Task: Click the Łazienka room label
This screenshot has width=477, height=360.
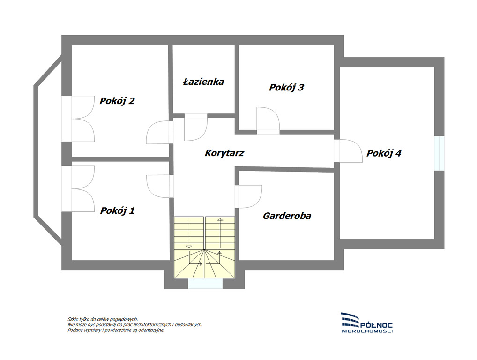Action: pyautogui.click(x=203, y=82)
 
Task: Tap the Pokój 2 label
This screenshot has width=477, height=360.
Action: pyautogui.click(x=117, y=101)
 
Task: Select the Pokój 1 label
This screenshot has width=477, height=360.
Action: pyautogui.click(x=118, y=210)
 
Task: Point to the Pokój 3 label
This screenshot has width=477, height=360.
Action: pyautogui.click(x=286, y=87)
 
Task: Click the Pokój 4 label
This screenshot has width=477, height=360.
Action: pyautogui.click(x=384, y=153)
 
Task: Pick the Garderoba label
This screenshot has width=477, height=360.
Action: pyautogui.click(x=287, y=216)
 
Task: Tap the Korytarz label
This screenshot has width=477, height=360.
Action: pyautogui.click(x=224, y=153)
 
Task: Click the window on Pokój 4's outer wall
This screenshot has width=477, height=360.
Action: pyautogui.click(x=439, y=153)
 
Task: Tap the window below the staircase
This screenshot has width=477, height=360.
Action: pyautogui.click(x=205, y=284)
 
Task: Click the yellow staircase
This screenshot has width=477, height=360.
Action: pyautogui.click(x=204, y=247)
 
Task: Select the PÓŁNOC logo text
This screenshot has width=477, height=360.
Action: pyautogui.click(x=376, y=326)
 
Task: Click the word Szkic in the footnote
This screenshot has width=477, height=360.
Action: pyautogui.click(x=72, y=319)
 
